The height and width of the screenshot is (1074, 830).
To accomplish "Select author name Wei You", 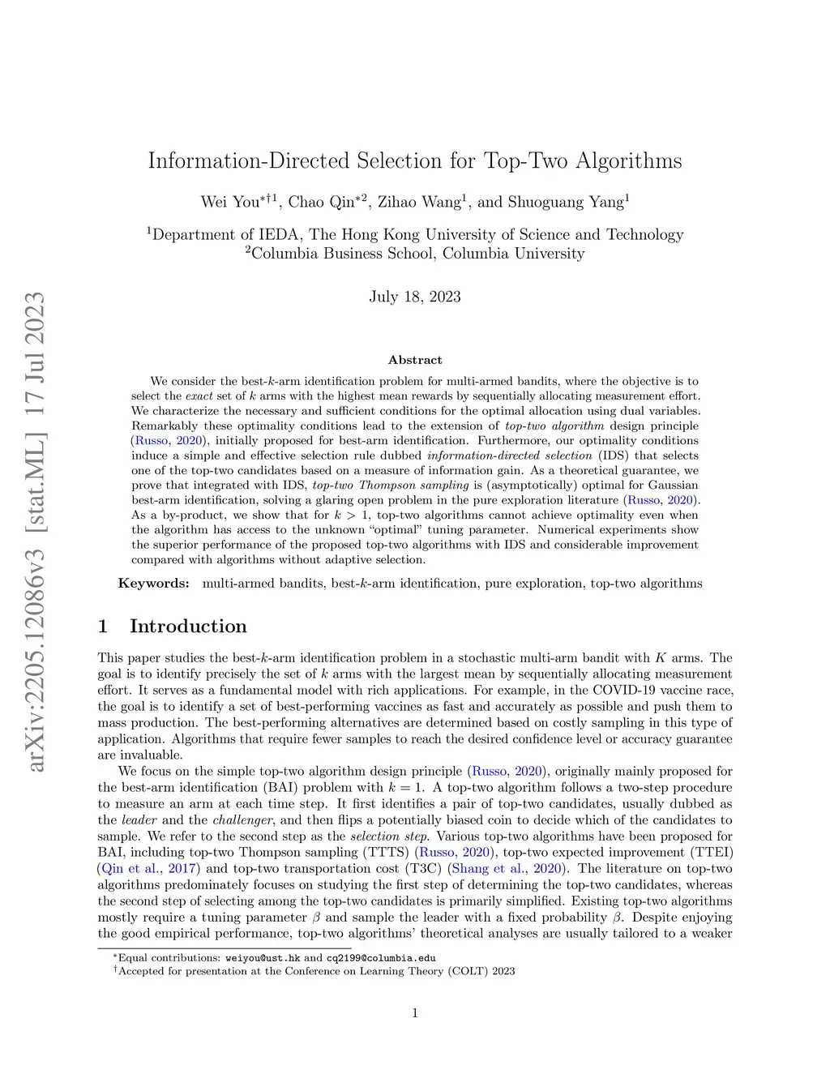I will coord(229,202).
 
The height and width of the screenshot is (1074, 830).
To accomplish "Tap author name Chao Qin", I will coord(321,202).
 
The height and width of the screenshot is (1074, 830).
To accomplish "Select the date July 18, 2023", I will coord(415,297).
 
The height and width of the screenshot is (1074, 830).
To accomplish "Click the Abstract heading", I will coord(415,360).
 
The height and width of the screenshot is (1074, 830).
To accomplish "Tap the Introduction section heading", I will coord(188,627).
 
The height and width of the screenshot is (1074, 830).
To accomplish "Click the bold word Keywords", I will coord(154,584).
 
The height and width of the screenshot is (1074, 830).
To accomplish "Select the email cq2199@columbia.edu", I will coord(381,957).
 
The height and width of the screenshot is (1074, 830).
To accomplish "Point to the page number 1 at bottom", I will coord(415,1012).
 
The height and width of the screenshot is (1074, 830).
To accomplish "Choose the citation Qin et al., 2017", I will coord(148,869).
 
